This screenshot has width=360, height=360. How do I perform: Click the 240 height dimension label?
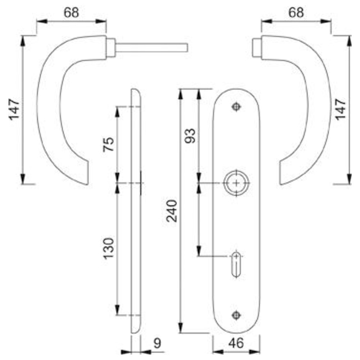tap(172, 211)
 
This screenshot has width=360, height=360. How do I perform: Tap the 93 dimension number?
tap(190, 136)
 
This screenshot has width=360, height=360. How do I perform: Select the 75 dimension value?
tap(109, 144)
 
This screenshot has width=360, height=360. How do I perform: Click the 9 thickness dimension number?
tap(157, 343)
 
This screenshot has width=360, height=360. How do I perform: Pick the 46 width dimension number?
tap(236, 343)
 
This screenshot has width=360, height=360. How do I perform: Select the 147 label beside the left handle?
tap(14, 109)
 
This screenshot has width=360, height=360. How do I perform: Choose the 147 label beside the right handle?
tap(341, 109)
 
